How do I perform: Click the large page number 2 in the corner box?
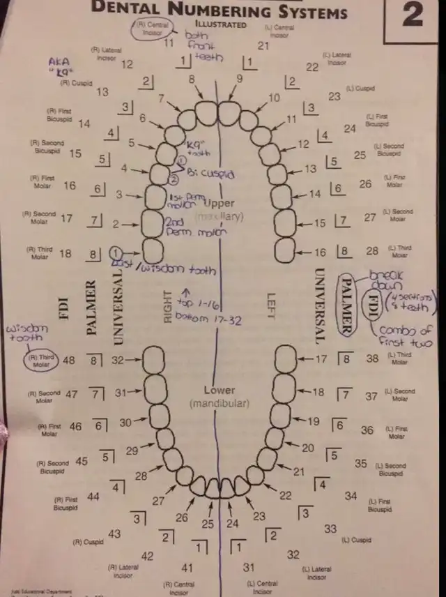click(x=413, y=15)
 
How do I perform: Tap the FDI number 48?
click(x=69, y=360)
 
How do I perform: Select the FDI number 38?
click(x=373, y=358)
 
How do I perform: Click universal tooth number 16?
click(x=320, y=252)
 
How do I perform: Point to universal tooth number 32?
click(x=118, y=360)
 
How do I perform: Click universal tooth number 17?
click(x=321, y=358)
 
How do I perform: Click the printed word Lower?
click(x=220, y=390)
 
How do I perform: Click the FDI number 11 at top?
click(x=169, y=42)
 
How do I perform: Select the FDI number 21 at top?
click(x=263, y=46)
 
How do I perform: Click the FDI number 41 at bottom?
click(x=187, y=568)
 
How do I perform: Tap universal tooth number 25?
click(x=208, y=524)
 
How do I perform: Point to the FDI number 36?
click(x=367, y=430)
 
